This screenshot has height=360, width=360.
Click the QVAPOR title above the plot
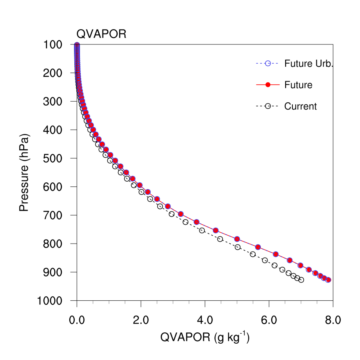pyautogui.click(x=101, y=34)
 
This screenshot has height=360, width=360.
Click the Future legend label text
pyautogui.click(x=298, y=85)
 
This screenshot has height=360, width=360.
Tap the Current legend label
pyautogui.click(x=300, y=106)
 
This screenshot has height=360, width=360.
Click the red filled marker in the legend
pyautogui.click(x=268, y=85)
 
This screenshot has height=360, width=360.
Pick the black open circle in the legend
pyautogui.click(x=268, y=106)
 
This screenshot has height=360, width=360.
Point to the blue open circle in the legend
pyautogui.click(x=268, y=63)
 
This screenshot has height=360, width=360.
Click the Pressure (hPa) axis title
pyautogui.click(x=25, y=172)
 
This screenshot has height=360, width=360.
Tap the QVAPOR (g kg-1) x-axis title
pyautogui.click(x=205, y=338)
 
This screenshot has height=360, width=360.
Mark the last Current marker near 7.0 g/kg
pyautogui.click(x=301, y=280)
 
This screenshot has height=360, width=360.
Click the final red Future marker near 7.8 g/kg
pyautogui.click(x=328, y=280)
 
